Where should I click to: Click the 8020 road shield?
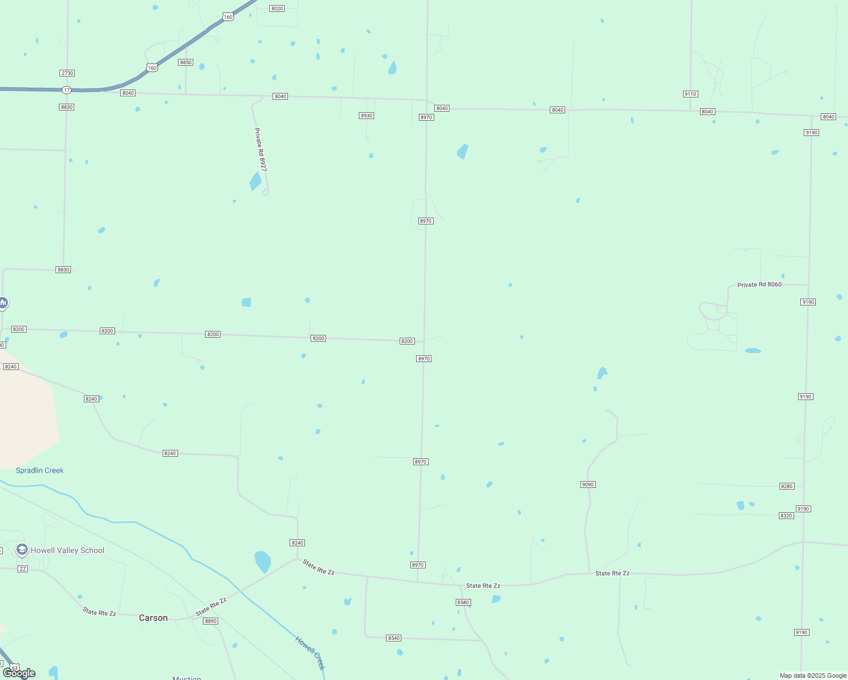point(277,8)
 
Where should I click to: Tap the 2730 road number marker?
point(67,73)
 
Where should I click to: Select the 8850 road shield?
point(186,62)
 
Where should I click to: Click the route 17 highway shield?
point(67,90)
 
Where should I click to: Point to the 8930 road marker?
point(367,116)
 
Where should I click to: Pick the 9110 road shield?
point(690,94)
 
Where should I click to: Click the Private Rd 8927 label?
point(260,150)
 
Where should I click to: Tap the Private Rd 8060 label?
point(759,284)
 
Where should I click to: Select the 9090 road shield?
point(588,484)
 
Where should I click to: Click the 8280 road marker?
point(787,486)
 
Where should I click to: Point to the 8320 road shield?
point(786,516)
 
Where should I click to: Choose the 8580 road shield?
point(463,602)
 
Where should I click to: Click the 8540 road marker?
point(394,638)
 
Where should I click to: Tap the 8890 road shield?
point(211,621)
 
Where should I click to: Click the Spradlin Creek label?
point(40,470)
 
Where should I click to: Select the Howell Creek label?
point(310,653)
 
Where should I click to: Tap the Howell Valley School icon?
point(22,550)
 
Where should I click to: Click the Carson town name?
point(153,618)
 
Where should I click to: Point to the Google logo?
point(19,673)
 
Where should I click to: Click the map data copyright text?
point(813,675)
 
